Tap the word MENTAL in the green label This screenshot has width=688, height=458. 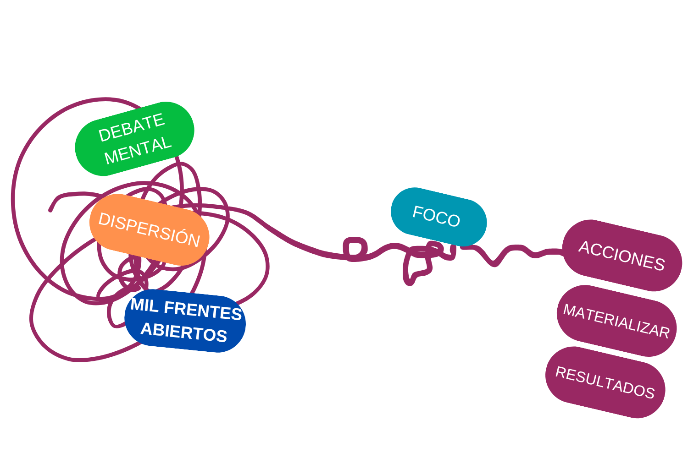138,150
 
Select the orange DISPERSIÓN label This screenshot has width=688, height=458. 149,229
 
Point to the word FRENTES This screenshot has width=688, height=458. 203,311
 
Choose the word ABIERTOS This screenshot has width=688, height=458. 184,332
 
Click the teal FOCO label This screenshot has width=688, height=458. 438,217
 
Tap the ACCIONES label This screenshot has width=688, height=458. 622,256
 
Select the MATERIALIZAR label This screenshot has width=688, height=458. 617,321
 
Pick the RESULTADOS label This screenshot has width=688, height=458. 605,382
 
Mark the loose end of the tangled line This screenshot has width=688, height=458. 50,211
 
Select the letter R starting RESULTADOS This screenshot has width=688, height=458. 561,372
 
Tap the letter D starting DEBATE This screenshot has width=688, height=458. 105,135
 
